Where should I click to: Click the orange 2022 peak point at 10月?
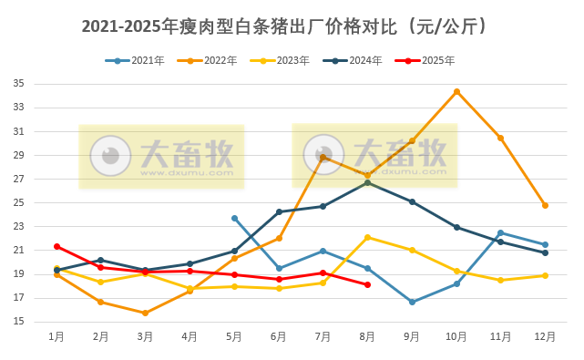[x=456, y=91]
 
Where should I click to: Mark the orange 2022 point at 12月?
[x=545, y=205]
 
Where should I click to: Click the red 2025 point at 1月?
[x=56, y=246]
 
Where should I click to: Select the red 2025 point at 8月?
[x=367, y=284]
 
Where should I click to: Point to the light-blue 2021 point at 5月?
[x=234, y=218]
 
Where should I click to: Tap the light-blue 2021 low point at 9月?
[x=412, y=302]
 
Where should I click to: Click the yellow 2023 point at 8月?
[x=367, y=237]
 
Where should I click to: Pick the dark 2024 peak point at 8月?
[x=367, y=182]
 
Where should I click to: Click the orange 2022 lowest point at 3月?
[x=145, y=313]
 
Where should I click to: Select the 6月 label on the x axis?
[x=279, y=336]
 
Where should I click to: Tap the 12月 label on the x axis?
[x=545, y=336]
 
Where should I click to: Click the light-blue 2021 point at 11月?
[x=500, y=232]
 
